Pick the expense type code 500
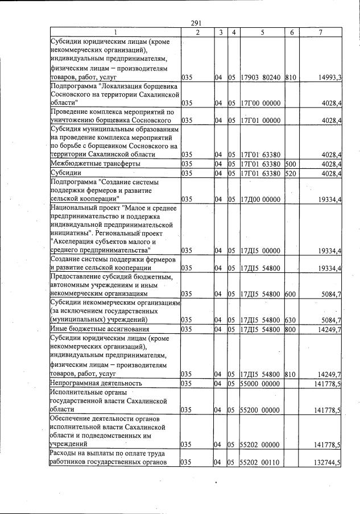(289, 164)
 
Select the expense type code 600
(289, 294)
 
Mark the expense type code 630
(289, 320)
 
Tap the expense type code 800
(289, 329)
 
